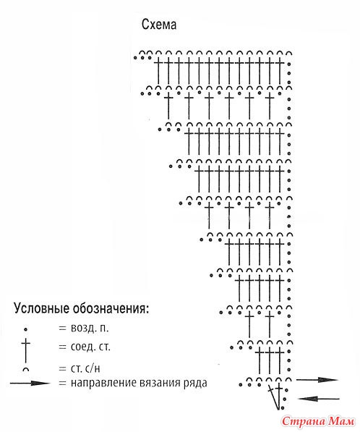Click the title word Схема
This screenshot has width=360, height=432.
[x=159, y=25]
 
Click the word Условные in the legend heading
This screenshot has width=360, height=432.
[x=41, y=308]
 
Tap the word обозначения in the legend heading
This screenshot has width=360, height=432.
[x=111, y=308]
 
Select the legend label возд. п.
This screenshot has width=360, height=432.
[x=90, y=328]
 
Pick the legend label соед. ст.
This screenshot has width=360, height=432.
[x=90, y=347]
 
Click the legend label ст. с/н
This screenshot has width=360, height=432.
[x=85, y=368]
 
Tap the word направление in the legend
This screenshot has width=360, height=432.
[x=105, y=383]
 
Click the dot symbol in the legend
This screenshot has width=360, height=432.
[x=25, y=329]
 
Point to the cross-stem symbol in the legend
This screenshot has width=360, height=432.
[x=25, y=350]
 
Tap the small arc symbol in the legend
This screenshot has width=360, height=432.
[x=25, y=368]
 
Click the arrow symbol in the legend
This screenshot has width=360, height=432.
[x=30, y=383]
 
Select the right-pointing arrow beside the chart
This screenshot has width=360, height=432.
[x=317, y=380]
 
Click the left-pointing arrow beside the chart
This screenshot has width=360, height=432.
[x=319, y=399]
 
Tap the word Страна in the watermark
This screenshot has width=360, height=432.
[x=304, y=420]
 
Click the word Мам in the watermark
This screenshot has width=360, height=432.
[x=342, y=420]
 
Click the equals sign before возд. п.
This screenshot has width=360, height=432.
[x=62, y=328]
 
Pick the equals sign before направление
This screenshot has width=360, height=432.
[x=62, y=384]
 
